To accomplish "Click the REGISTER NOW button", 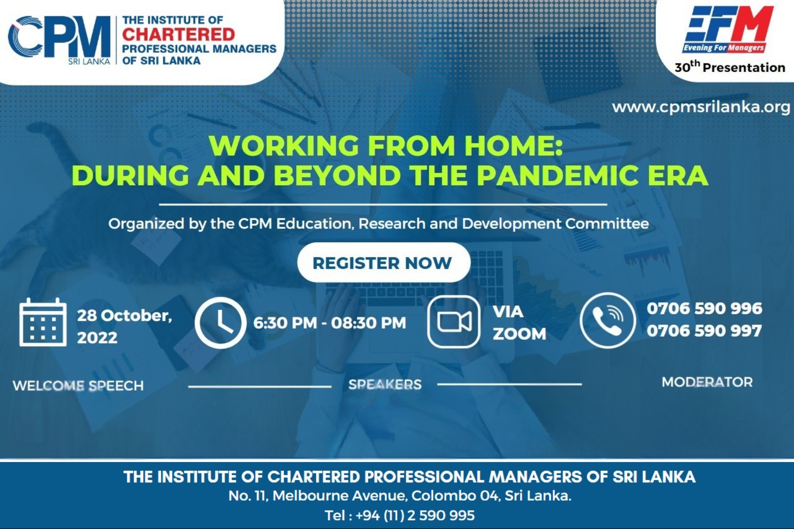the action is (x=384, y=263).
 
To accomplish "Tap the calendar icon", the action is (x=43, y=322).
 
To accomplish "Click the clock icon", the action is (x=220, y=322).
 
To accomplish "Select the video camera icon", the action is (x=454, y=322).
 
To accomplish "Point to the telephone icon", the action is (x=608, y=321).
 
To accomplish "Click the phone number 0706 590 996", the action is (x=704, y=308).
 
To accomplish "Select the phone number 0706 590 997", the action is (x=704, y=331).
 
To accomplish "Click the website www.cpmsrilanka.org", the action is (x=701, y=107).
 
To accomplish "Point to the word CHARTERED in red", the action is (x=179, y=34).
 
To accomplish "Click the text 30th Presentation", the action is (x=730, y=67).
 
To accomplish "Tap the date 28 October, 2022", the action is (x=124, y=326).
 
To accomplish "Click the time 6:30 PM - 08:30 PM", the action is (x=330, y=322).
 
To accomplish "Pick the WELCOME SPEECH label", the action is (x=78, y=386).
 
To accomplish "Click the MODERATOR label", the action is (x=707, y=382).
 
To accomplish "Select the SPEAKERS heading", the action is (x=385, y=384).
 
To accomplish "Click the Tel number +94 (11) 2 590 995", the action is (x=415, y=515).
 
